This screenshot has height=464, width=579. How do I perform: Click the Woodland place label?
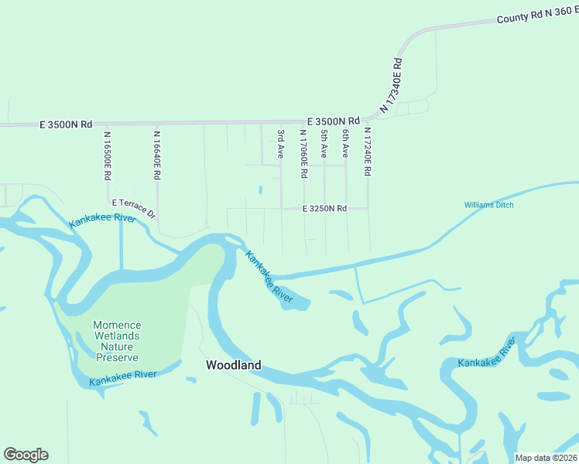click(233, 365)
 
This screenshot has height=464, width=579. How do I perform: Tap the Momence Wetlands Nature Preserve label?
click(116, 341)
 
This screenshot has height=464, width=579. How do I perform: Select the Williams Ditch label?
click(488, 205)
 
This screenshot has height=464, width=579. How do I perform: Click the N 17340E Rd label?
click(392, 84)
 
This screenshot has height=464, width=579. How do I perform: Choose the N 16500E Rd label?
click(108, 155)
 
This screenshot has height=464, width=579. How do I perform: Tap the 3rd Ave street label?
click(281, 145)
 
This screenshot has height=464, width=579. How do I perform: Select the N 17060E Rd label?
click(303, 153)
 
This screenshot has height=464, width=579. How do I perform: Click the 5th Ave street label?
click(324, 145)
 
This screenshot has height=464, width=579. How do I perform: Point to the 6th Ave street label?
click(345, 145)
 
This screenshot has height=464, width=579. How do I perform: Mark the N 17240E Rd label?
click(368, 153)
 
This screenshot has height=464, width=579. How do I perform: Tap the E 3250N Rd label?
click(324, 209)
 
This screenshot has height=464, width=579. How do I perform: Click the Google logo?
click(26, 455)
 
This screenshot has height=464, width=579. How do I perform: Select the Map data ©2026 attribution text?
click(546, 458)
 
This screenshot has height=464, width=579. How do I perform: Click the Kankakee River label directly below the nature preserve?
click(123, 378)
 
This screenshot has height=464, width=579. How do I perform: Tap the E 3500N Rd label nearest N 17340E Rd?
click(334, 121)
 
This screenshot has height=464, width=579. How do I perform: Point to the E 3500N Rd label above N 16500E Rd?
click(66, 124)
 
